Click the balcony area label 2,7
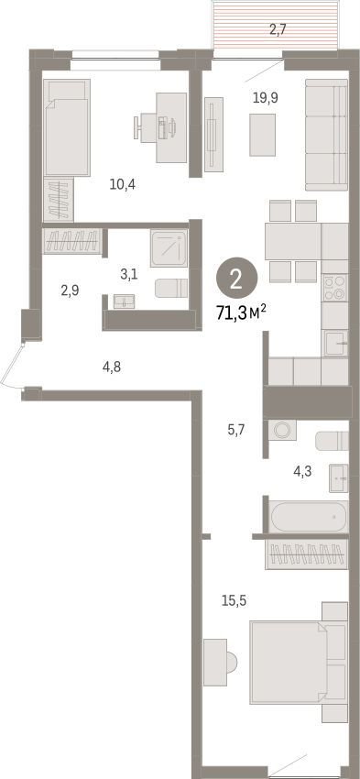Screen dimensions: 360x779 [x=277, y=30]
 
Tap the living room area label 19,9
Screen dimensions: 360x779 [x=265, y=98]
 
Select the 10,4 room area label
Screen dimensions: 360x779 [x=123, y=185]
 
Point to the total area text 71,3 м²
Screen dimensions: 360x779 [x=242, y=313]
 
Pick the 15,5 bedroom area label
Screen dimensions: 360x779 [x=234, y=600]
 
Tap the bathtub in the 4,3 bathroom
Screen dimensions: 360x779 [x=309, y=516]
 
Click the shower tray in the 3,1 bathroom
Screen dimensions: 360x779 [x=169, y=247]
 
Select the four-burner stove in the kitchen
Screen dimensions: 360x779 [x=335, y=288]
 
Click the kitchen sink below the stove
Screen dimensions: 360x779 [x=337, y=344]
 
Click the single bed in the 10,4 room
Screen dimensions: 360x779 [x=67, y=127]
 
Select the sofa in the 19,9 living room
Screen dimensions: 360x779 [x=326, y=135]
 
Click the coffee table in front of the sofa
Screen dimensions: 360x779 [x=262, y=135]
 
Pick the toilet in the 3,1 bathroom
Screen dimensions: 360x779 [x=171, y=288]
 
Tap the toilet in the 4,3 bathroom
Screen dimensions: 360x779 [x=332, y=441]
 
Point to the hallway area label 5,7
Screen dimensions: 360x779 [x=237, y=427]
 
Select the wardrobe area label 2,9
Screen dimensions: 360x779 [x=71, y=291]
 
